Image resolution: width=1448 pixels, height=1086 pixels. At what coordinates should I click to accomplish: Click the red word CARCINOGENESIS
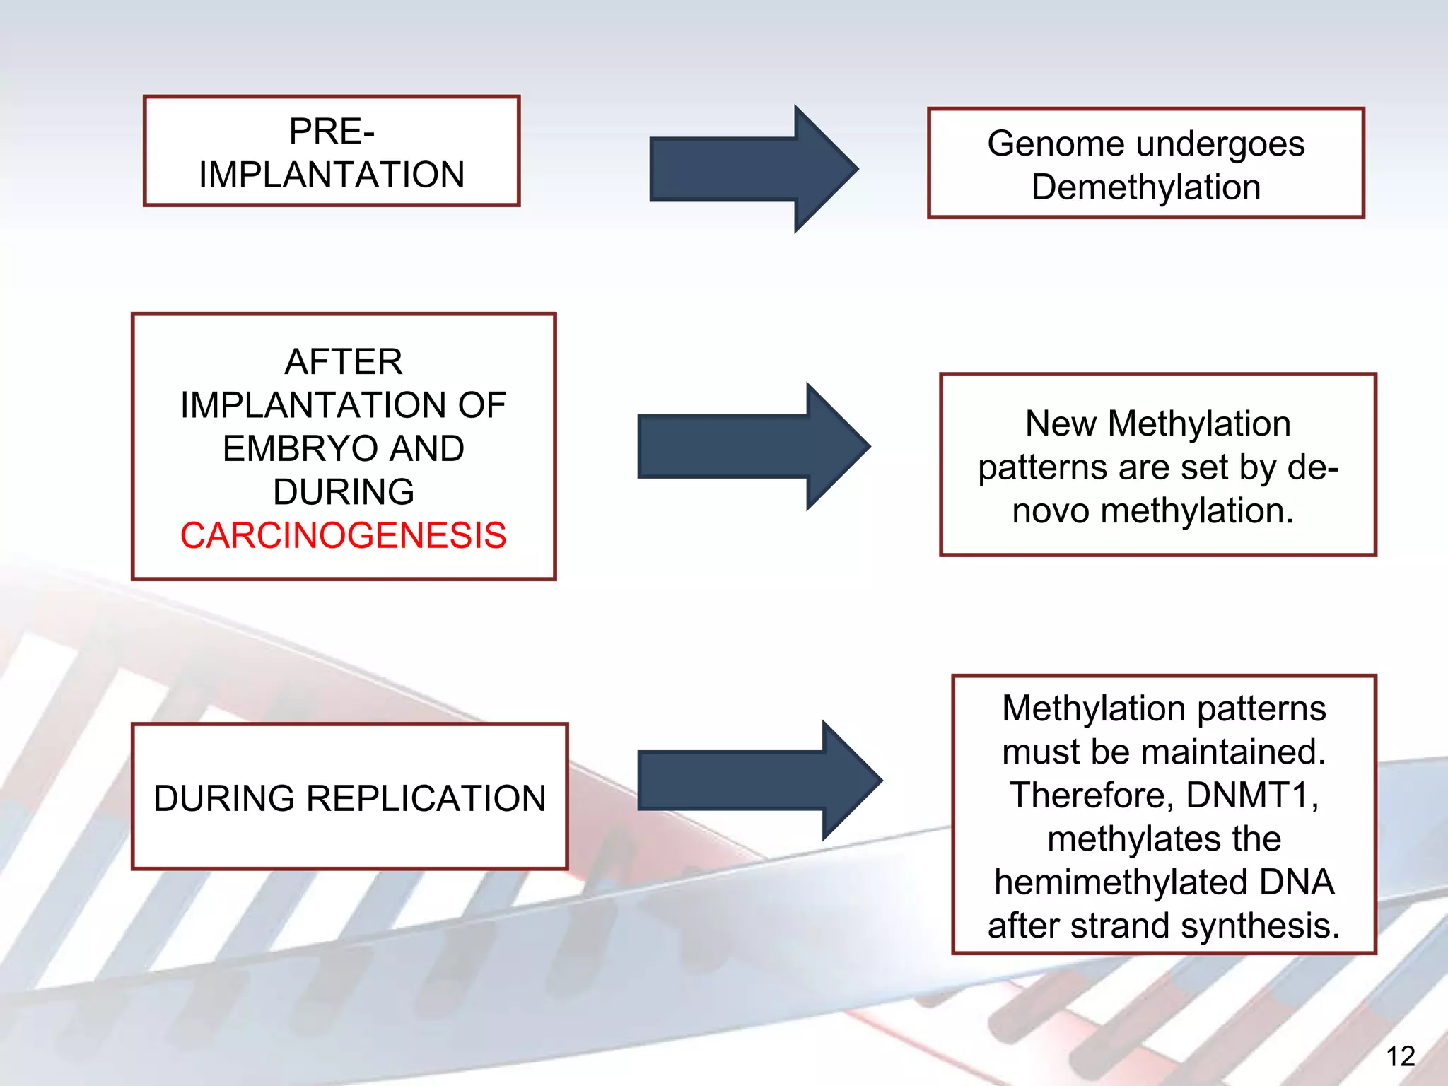point(343,535)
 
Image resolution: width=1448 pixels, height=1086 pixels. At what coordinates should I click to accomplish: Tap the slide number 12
point(1400,1057)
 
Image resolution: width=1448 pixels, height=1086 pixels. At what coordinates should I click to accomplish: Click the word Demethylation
point(1146,187)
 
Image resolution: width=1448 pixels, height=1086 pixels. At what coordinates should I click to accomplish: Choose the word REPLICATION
point(426,798)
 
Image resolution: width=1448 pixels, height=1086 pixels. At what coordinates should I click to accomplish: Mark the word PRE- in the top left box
point(332,132)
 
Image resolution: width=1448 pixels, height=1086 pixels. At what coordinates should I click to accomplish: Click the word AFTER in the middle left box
point(344,362)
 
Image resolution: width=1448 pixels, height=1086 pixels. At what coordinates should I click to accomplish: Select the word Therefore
point(1092,795)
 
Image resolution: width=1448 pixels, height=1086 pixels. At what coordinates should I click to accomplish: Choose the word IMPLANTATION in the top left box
point(332,175)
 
